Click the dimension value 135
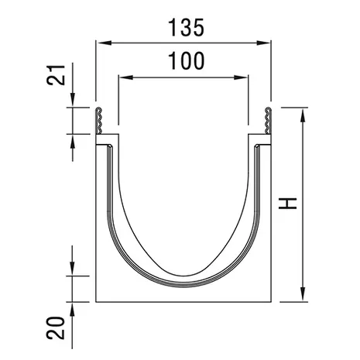pyautogui.click(x=186, y=28)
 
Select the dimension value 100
pyautogui.click(x=186, y=61)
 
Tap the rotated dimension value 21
pyautogui.click(x=56, y=75)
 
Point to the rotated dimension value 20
pyautogui.click(x=56, y=328)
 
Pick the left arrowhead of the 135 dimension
pyautogui.click(x=104, y=43)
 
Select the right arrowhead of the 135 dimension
pyautogui.click(x=263, y=43)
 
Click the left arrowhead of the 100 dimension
pyautogui.click(x=126, y=77)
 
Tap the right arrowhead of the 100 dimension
pyautogui.click(x=241, y=77)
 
